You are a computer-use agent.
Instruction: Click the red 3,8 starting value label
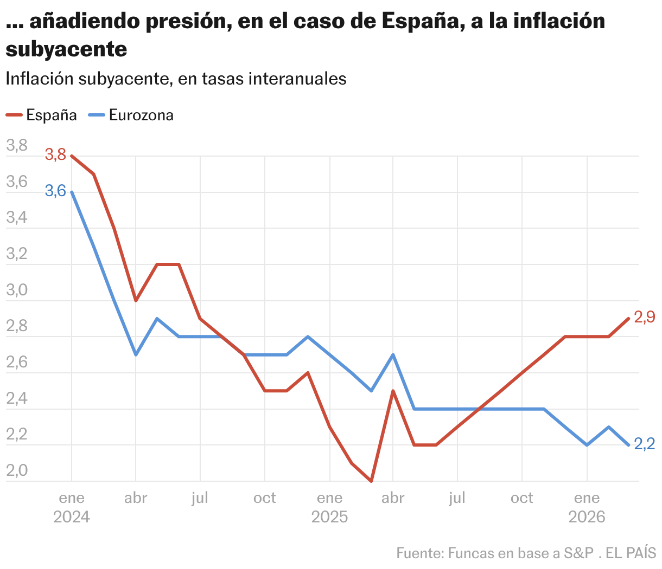(x=55, y=155)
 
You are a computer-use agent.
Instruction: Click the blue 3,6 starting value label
(x=55, y=191)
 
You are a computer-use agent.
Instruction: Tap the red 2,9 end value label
(x=645, y=318)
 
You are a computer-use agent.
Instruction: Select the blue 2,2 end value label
(x=645, y=444)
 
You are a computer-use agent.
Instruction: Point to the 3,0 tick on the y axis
(x=17, y=290)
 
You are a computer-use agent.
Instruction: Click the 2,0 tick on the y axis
(x=17, y=470)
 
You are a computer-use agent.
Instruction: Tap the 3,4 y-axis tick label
(x=17, y=218)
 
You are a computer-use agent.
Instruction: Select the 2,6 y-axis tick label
(x=17, y=363)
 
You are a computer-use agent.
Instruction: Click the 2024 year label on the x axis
(x=72, y=517)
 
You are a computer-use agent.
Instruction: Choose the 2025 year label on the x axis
(x=329, y=517)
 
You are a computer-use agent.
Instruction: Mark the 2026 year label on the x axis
(x=587, y=517)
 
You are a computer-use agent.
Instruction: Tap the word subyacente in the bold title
(x=66, y=49)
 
